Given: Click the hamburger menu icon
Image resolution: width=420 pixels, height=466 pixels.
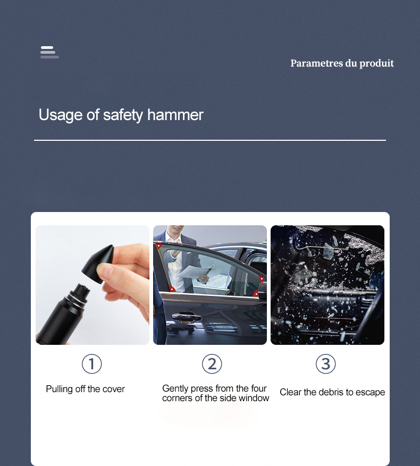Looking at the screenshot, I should (x=49, y=52).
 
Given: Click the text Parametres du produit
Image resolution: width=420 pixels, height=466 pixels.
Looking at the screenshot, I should (x=342, y=63).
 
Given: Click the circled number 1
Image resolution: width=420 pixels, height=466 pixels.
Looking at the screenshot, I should (x=91, y=365).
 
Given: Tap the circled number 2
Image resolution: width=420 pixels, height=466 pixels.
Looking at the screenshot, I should (x=212, y=365).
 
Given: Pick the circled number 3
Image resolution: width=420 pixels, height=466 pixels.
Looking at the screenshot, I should (x=325, y=365).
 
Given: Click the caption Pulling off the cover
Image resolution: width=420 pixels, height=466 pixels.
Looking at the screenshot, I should (x=85, y=389).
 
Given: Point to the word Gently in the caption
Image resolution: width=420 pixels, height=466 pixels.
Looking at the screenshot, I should (x=175, y=389).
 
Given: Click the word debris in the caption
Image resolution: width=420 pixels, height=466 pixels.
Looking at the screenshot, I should (x=329, y=392).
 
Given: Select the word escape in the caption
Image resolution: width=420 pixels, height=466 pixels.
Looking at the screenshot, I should (x=371, y=392).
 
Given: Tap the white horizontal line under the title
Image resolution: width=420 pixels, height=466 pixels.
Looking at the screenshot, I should (x=209, y=140).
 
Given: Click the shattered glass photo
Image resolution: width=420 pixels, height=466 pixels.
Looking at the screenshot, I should (x=327, y=285).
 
